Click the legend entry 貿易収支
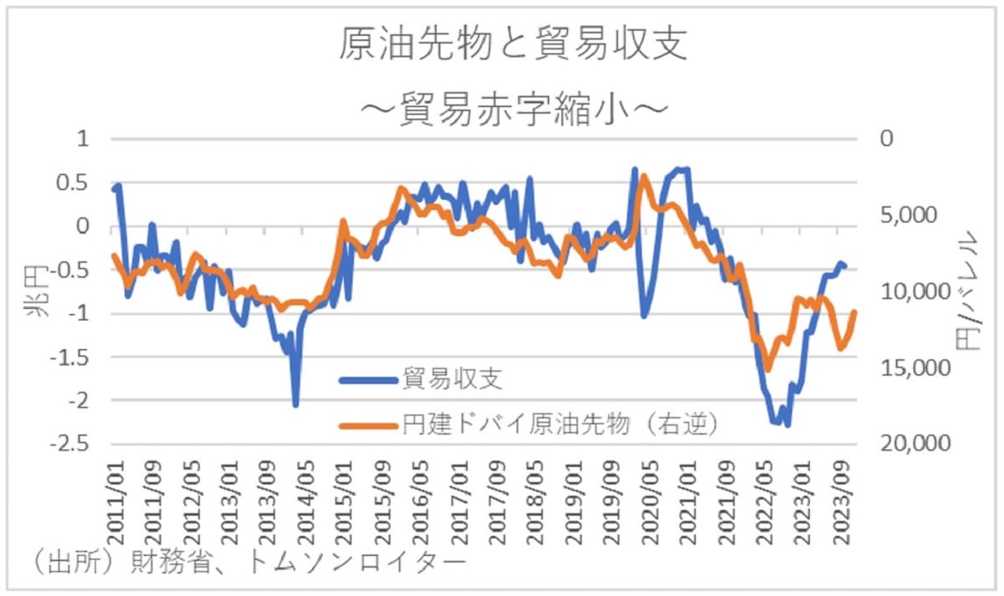coord(451,380)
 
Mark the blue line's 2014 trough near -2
coord(295,405)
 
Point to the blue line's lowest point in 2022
coord(787,424)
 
